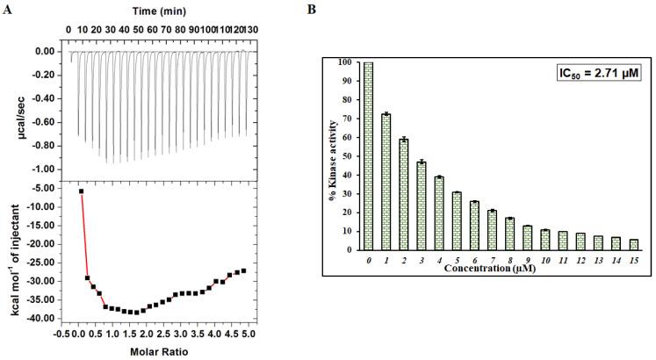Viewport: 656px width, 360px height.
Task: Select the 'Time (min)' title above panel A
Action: click(164, 11)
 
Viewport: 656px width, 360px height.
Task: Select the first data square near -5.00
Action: click(82, 191)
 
